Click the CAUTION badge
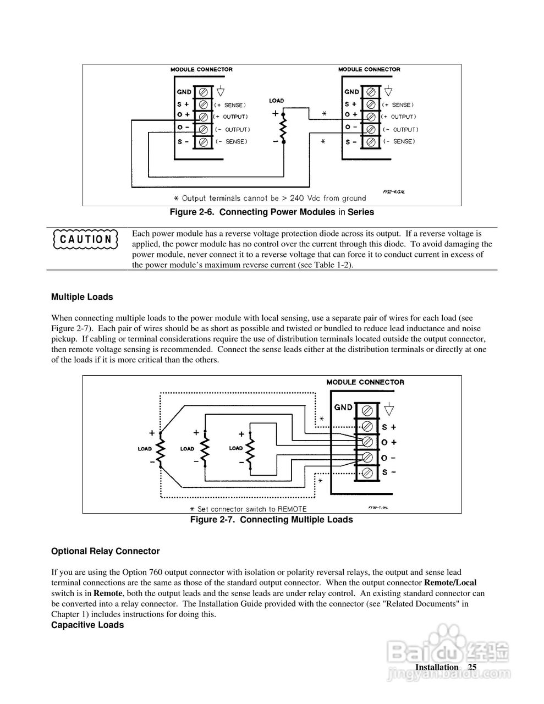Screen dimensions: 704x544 tap(86, 239)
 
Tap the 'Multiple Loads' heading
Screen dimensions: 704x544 tap(82, 297)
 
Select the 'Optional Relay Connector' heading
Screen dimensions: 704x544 tap(105, 551)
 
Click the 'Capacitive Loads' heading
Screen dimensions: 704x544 tap(87, 625)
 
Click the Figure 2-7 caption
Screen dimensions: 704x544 tap(271, 520)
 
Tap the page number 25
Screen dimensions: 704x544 tap(472, 667)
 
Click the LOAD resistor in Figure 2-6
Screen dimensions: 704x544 tap(283, 129)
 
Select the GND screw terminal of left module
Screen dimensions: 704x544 tap(204, 91)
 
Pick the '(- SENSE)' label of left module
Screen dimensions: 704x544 tap(230, 142)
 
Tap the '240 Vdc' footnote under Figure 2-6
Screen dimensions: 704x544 tap(270, 198)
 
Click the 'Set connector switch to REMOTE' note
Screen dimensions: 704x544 tap(248, 509)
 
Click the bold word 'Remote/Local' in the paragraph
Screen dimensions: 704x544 tap(450, 582)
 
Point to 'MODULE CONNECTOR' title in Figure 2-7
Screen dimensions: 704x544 tap(365, 382)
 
